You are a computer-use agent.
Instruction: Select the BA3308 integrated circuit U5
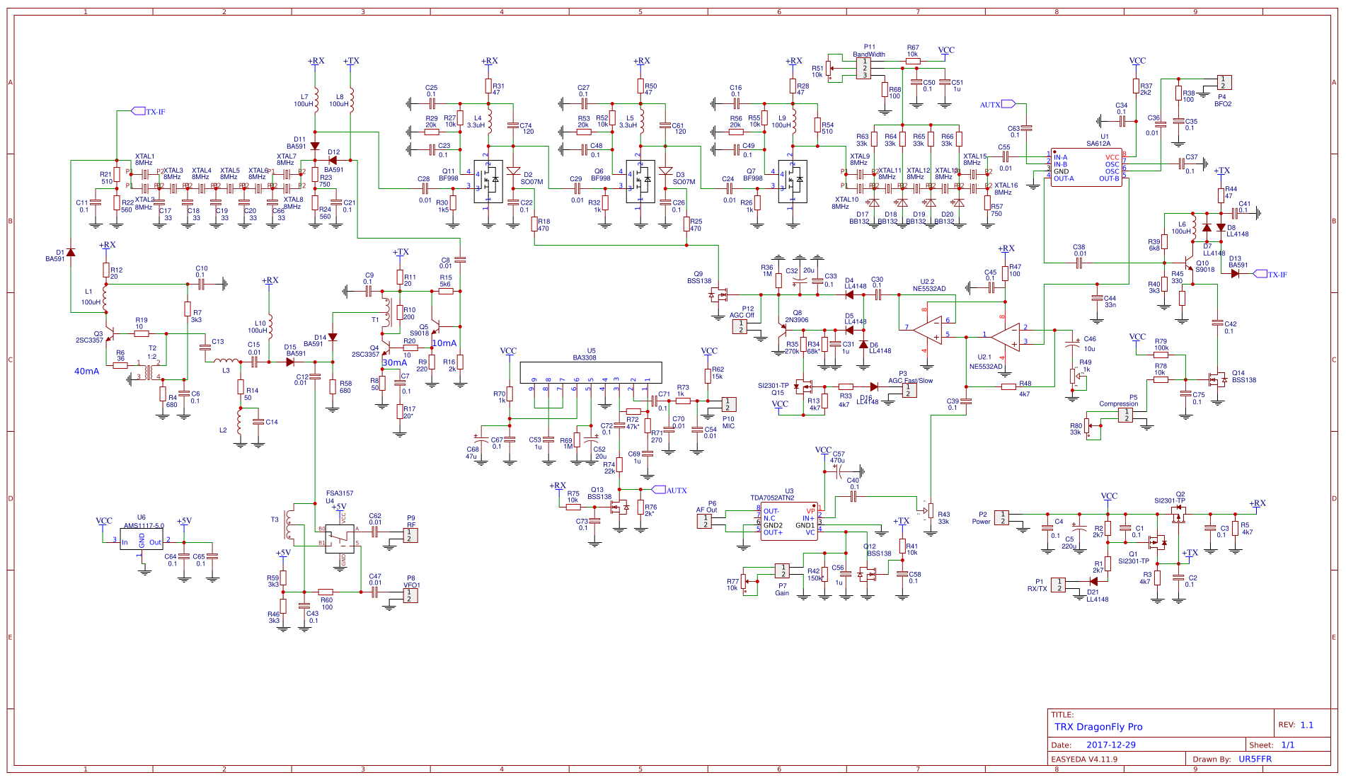tap(591, 372)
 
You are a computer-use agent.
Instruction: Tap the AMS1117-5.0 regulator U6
tap(142, 539)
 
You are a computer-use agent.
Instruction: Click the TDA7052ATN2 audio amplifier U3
tap(788, 521)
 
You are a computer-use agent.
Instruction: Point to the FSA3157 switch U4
tap(339, 539)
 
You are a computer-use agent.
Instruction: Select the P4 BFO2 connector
tap(1224, 83)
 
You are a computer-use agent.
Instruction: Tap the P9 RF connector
tap(410, 535)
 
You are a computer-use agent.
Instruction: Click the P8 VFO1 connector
tap(410, 595)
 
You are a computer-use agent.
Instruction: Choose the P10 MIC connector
tap(728, 404)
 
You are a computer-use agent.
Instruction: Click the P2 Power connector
tap(1001, 517)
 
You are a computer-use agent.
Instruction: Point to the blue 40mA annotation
tap(87, 371)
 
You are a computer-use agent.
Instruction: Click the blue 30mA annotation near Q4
tap(395, 362)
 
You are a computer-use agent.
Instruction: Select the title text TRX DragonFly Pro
tap(1098, 727)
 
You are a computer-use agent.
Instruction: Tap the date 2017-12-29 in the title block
tap(1110, 745)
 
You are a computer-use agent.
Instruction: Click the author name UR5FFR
tap(1255, 759)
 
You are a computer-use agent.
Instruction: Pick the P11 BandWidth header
tap(863, 68)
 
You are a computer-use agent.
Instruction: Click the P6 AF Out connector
tap(705, 521)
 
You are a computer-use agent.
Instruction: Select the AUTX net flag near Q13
tap(672, 490)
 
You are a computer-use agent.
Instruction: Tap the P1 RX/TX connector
tap(1058, 585)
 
